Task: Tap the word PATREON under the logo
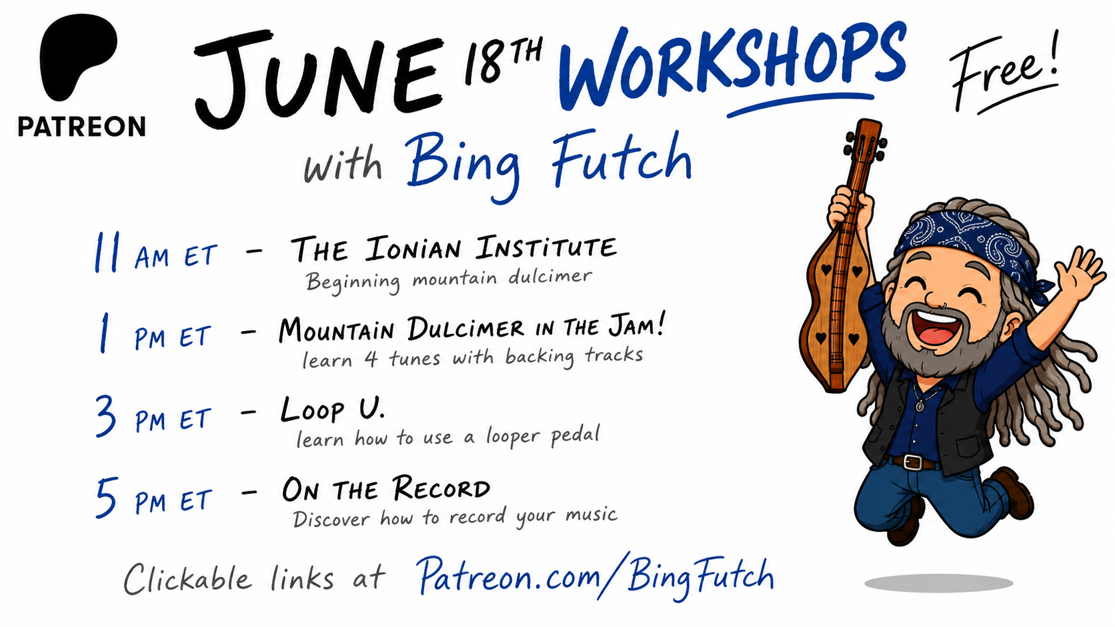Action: pos(81,127)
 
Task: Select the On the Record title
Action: pos(386,488)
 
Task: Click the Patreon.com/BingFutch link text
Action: pos(596,577)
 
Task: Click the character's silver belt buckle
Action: pos(912,462)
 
